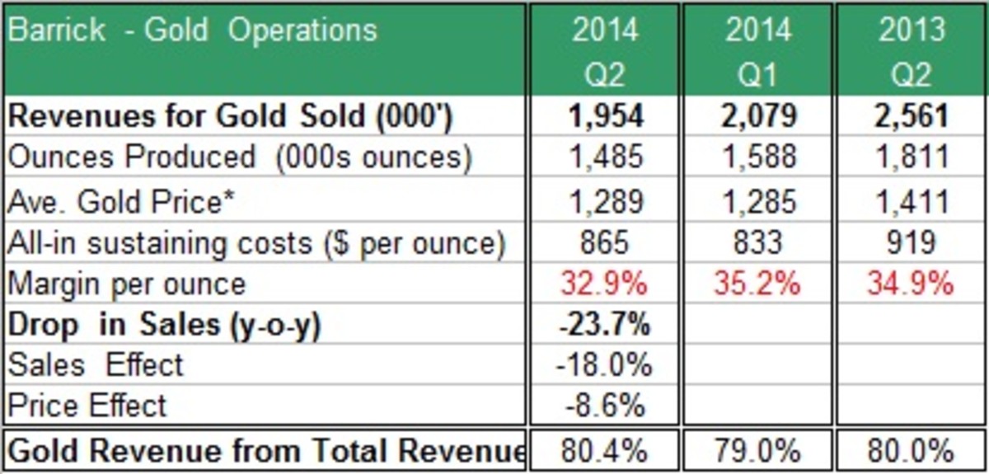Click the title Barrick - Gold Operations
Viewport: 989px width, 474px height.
(193, 31)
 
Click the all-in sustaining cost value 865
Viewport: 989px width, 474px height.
(605, 242)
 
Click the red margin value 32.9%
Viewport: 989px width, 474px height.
(605, 284)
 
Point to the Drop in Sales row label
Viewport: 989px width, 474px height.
(163, 325)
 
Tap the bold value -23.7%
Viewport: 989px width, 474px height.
(605, 325)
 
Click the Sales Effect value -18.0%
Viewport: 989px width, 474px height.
(605, 364)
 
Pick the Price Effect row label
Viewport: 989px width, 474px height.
(87, 405)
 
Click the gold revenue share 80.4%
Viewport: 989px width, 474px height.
(605, 451)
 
